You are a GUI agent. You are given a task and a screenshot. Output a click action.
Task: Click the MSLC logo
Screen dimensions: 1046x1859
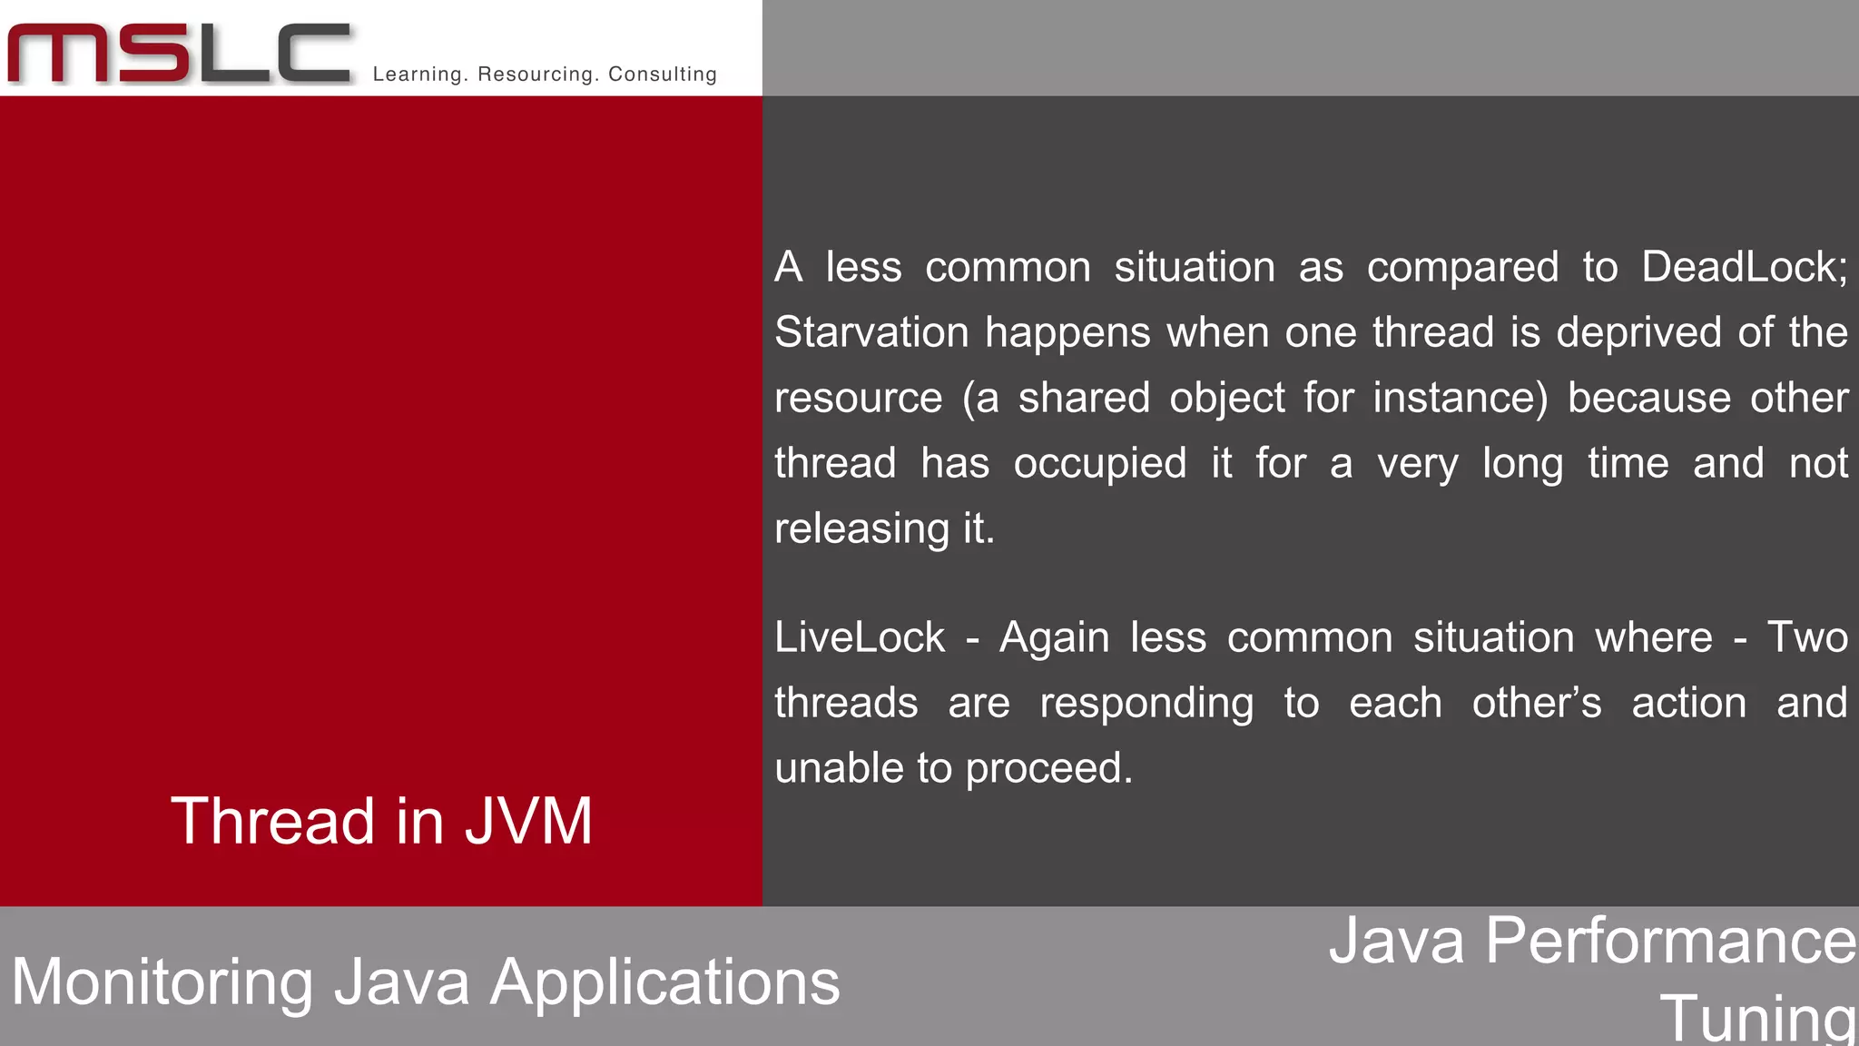pos(179,54)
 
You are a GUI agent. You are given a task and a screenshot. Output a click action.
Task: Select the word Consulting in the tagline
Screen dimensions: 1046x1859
pos(663,74)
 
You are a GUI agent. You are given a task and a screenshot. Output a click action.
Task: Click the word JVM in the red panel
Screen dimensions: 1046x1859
pos(528,822)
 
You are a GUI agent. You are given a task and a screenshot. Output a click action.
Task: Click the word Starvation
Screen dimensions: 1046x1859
pos(871,332)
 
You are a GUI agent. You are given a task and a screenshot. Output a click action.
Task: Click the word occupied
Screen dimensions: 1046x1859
pos(1100,464)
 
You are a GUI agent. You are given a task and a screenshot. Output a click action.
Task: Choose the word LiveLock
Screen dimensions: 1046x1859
pos(860,637)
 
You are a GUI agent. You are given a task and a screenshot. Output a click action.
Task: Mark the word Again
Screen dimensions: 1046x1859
pos(1054,637)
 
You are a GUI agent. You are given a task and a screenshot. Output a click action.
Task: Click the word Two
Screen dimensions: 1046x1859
pos(1807,637)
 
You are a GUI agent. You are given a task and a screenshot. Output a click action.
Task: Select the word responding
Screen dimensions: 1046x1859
pos(1146,704)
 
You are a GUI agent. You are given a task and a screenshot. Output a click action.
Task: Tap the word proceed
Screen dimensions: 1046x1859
pos(1048,769)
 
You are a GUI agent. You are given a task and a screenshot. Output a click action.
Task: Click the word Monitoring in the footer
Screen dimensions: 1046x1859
pos(162,983)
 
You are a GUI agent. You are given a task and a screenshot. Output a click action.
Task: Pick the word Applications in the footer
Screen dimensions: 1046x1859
pos(664,983)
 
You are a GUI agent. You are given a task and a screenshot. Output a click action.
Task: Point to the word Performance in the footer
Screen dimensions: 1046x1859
pos(1671,941)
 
